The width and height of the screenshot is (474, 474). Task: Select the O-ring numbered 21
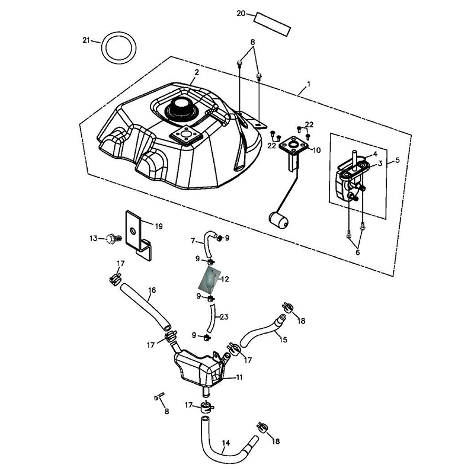point(117,47)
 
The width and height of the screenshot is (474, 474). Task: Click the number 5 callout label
point(396,161)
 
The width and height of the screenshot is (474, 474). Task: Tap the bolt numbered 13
point(111,239)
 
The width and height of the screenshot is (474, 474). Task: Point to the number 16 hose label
point(152,290)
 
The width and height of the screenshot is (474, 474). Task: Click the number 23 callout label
point(224,317)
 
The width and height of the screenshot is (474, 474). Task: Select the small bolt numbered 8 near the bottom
point(159,397)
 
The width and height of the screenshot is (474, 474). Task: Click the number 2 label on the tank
point(196,73)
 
